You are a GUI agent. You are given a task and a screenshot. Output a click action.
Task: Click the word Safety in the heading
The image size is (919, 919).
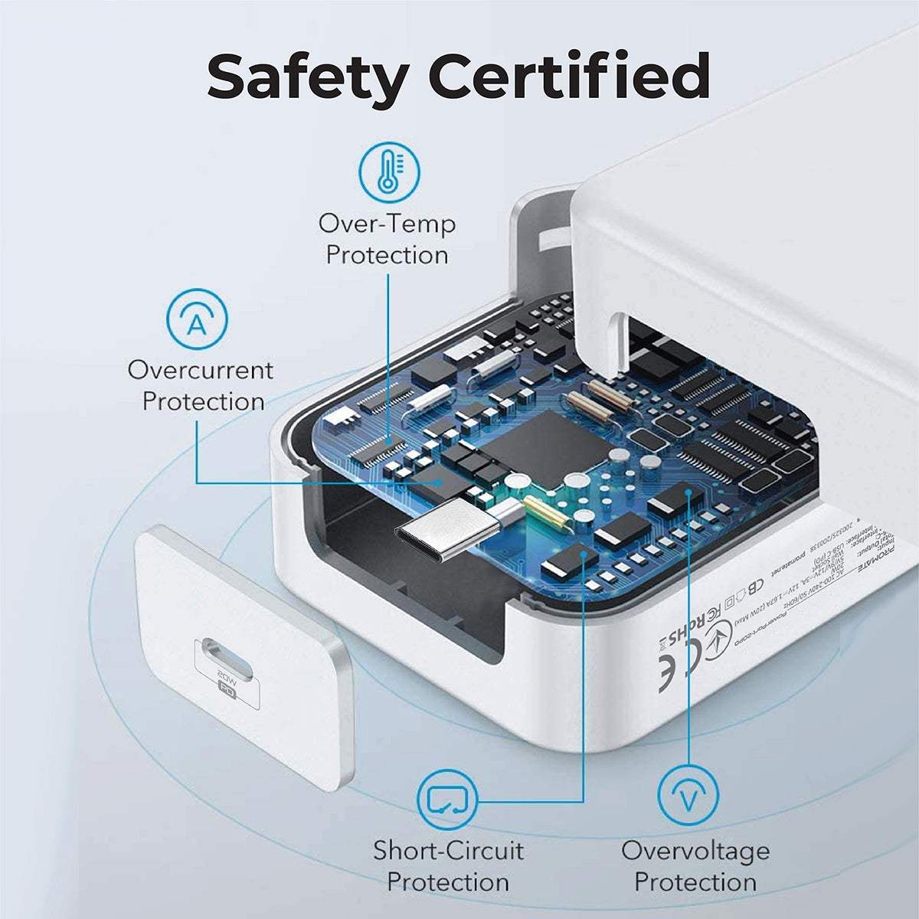(308, 77)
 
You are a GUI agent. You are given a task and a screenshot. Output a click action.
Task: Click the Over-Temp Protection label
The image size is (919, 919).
(387, 240)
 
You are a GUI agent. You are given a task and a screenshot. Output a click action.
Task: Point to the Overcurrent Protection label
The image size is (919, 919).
(201, 385)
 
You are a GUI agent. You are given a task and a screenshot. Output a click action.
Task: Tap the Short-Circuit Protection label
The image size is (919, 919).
(448, 865)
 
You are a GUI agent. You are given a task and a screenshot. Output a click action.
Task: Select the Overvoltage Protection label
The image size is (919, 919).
(695, 865)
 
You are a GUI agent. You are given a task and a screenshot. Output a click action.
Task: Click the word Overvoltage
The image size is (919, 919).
(695, 850)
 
